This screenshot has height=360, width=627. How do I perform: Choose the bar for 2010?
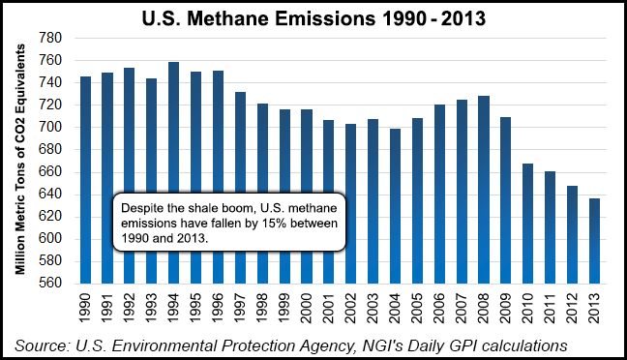pos(527,224)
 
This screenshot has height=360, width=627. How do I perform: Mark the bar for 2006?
pos(439,194)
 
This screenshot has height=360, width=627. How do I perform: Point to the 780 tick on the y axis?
pos(49,38)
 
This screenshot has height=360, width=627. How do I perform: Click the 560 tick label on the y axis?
pos(49,284)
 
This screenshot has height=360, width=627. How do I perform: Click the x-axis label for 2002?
pos(350,309)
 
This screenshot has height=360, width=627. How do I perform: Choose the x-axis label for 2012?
pos(571,309)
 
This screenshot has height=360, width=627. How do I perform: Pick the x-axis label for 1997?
pos(240,309)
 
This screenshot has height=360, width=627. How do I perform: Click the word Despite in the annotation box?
pos(140,207)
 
